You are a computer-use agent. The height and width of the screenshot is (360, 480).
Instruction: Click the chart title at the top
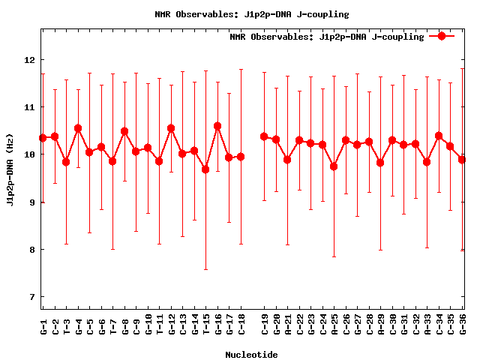(x=251, y=14)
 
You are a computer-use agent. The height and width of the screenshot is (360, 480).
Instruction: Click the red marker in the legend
(x=442, y=36)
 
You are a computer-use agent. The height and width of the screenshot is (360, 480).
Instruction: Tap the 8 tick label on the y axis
(x=32, y=250)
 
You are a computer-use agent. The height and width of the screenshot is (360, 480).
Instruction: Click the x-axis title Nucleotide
(x=251, y=355)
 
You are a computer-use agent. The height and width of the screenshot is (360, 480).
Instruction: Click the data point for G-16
(x=217, y=127)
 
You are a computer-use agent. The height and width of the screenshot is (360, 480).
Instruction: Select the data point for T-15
(x=205, y=169)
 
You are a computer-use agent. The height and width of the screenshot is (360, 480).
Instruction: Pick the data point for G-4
(x=78, y=128)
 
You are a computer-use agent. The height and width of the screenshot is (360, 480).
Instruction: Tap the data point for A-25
(x=334, y=166)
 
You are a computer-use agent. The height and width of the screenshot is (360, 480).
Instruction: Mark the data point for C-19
(x=264, y=136)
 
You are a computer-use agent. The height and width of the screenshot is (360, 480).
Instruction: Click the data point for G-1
(x=43, y=138)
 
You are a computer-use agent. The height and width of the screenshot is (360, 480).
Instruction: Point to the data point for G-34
(x=439, y=136)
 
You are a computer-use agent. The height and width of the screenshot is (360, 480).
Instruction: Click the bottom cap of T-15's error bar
(x=205, y=269)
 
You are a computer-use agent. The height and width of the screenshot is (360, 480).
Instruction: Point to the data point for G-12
(x=171, y=128)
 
